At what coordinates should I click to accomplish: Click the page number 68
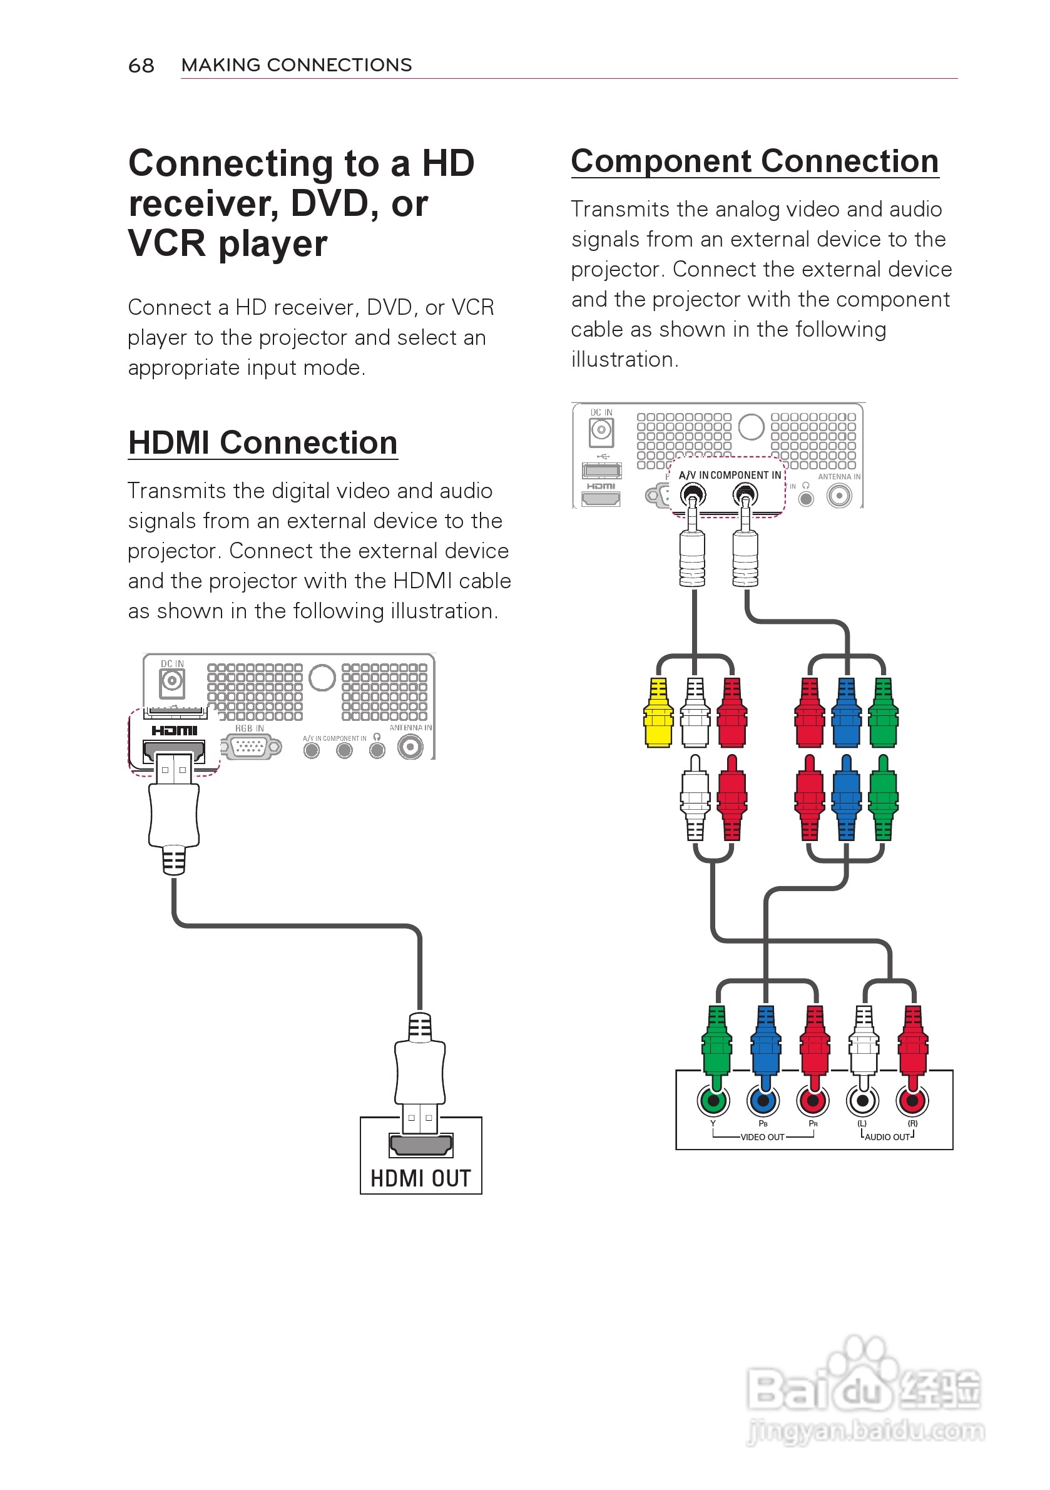click(141, 66)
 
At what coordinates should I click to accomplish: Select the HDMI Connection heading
click(262, 443)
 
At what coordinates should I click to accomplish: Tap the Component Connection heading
click(755, 161)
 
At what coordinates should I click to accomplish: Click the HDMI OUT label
click(421, 1178)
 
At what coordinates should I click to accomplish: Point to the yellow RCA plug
click(658, 713)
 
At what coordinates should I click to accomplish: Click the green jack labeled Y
click(713, 1101)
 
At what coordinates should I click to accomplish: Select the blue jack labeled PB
click(763, 1101)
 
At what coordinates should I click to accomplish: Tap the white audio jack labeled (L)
click(862, 1101)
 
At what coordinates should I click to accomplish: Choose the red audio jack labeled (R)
click(912, 1101)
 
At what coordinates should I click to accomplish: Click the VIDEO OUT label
click(763, 1137)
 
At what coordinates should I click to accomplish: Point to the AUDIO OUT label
click(887, 1137)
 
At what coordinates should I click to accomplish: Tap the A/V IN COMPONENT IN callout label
click(730, 475)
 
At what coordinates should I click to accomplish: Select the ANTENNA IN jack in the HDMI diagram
click(410, 748)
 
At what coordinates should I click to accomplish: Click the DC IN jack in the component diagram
click(601, 430)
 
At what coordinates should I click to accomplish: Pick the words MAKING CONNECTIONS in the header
click(297, 65)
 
